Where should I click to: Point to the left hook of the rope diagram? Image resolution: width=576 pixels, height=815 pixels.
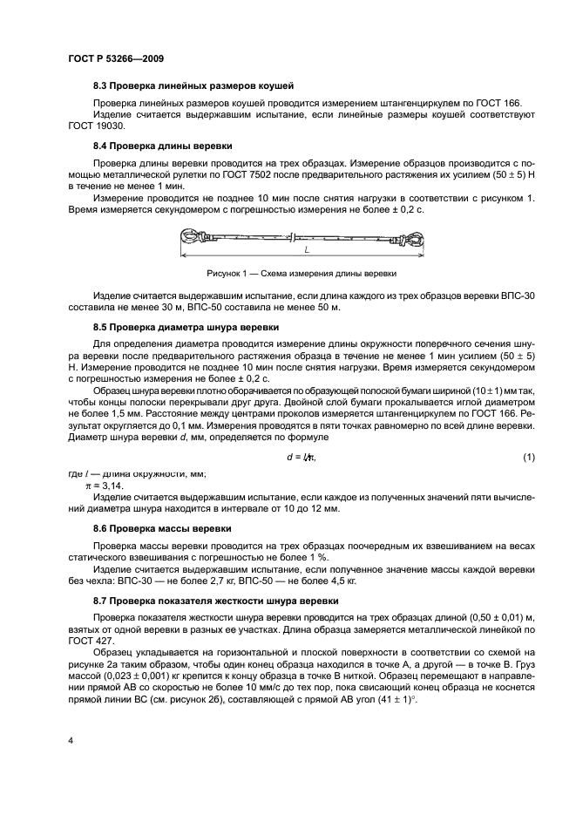point(193,235)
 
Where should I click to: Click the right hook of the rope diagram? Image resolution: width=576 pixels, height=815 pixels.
point(414,236)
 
